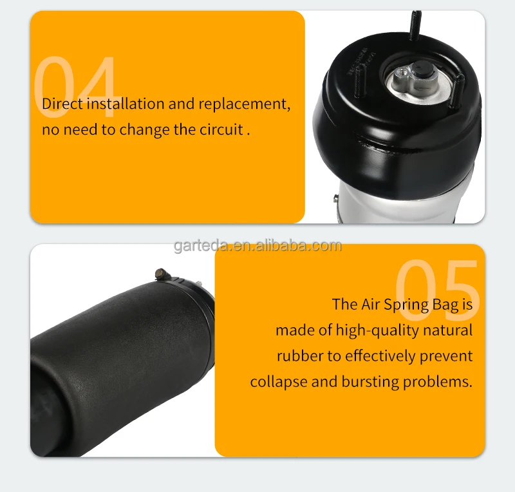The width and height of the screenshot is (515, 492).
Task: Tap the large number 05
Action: click(437, 290)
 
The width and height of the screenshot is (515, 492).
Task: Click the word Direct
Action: click(62, 104)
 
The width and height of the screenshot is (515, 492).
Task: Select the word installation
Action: click(125, 104)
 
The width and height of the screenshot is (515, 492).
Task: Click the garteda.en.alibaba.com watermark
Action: click(257, 245)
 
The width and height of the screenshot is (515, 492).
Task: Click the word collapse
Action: click(278, 382)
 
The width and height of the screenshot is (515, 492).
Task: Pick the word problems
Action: click(437, 382)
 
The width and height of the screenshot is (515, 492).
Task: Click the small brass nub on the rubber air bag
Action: click(158, 274)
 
